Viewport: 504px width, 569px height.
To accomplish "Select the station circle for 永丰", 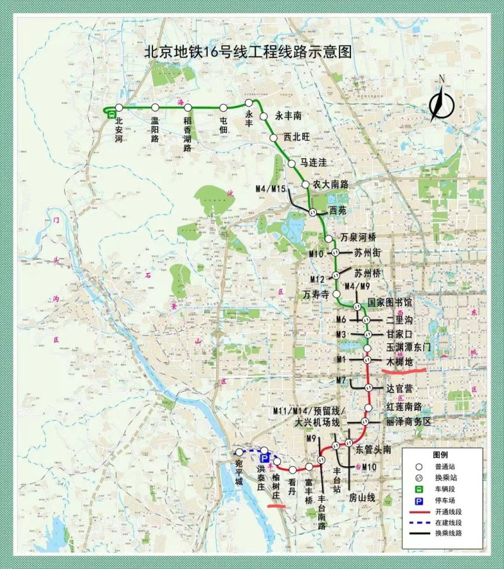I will click(x=249, y=102).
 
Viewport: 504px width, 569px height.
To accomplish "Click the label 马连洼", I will click(x=313, y=163).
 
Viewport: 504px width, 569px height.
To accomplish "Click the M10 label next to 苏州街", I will click(x=317, y=253).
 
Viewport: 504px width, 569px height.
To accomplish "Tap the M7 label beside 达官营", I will click(x=341, y=380).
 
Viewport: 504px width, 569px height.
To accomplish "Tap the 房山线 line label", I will click(x=362, y=497).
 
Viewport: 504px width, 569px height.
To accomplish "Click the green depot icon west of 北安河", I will click(x=110, y=114).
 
